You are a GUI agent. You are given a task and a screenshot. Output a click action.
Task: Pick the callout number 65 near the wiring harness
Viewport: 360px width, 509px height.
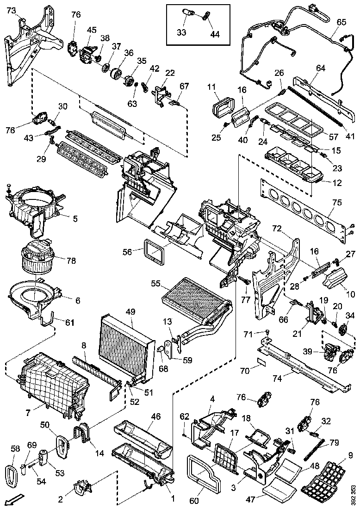pyautogui.click(x=341, y=22)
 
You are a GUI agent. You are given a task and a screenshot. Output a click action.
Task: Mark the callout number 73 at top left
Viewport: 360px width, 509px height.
pyautogui.click(x=10, y=10)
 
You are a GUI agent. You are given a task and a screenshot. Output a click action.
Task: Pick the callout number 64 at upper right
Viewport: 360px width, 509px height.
pyautogui.click(x=321, y=68)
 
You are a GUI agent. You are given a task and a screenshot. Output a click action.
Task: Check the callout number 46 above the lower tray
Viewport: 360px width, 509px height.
pyautogui.click(x=155, y=417)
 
